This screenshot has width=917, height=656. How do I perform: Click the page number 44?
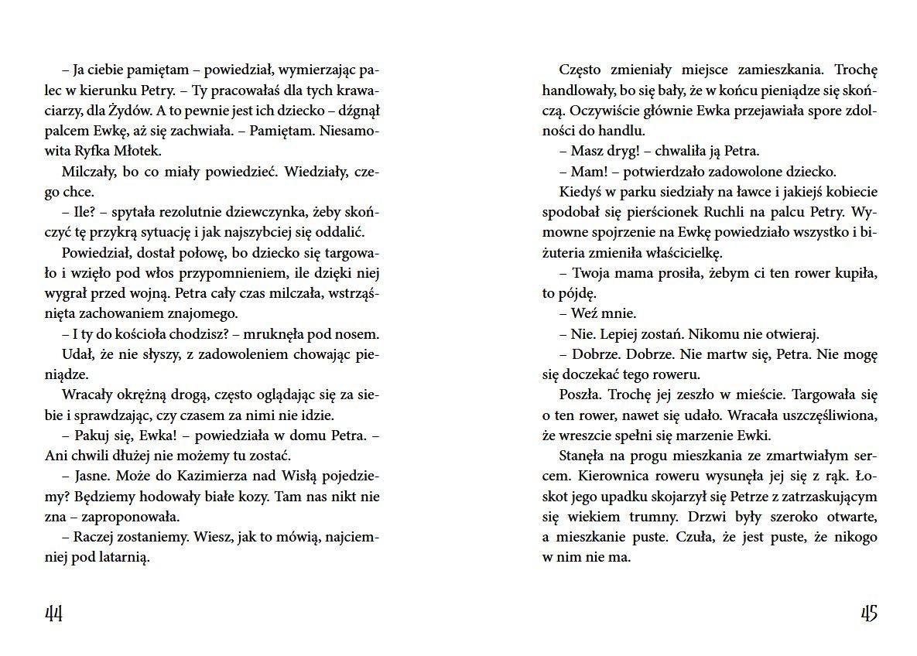[53, 613]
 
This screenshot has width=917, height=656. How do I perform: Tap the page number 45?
[868, 613]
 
